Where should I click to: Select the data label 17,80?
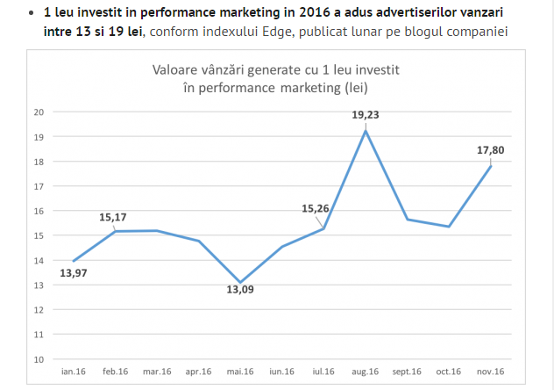491,150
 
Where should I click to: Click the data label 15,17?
114,214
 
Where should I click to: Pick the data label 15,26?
316,208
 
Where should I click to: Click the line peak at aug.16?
366,131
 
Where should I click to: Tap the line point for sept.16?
408,219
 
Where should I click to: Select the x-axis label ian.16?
74,372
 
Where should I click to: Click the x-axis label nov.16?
490,372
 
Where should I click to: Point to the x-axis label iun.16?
281,372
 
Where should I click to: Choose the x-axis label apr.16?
198,372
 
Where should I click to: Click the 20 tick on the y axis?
39,112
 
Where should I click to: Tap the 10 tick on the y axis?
39,359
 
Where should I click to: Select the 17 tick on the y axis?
39,186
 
